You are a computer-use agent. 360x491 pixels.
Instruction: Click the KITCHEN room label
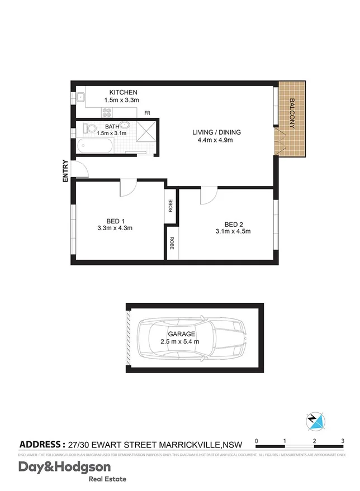123,92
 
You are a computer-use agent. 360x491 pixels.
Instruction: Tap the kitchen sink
80,98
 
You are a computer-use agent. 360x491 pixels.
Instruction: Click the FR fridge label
147,113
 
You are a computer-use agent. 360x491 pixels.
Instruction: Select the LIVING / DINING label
216,132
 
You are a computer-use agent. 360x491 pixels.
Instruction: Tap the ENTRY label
65,171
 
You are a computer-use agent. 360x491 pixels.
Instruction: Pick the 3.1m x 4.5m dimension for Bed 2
233,232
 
